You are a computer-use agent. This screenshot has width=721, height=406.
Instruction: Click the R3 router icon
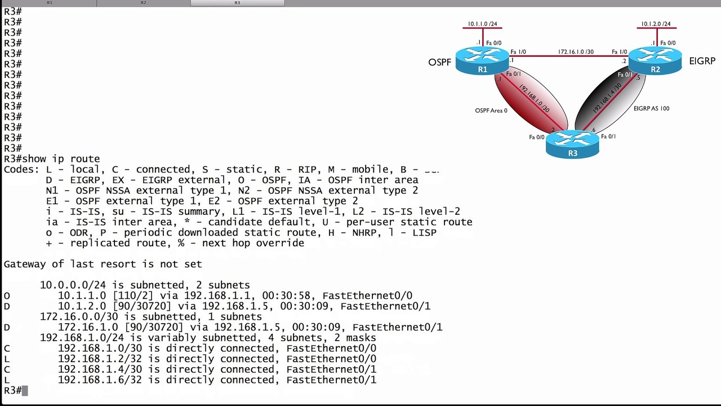[572, 144]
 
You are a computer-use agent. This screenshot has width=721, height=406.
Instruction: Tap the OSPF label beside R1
[439, 62]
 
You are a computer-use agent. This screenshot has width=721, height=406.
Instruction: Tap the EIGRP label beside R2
[702, 61]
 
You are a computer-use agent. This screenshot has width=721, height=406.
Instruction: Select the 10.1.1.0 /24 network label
[483, 24]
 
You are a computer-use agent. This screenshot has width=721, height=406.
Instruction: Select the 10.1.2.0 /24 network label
[656, 24]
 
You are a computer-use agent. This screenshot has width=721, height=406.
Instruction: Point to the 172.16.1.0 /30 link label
[576, 52]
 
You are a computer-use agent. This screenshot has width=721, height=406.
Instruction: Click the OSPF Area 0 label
[491, 111]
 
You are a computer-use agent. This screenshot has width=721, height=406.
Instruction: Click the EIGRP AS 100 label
[651, 108]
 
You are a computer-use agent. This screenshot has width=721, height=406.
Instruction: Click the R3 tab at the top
[237, 3]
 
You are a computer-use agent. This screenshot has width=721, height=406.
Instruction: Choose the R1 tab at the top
[49, 3]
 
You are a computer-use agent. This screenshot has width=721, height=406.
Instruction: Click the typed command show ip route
[61, 159]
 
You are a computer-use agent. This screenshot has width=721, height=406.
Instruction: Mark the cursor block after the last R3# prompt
[25, 390]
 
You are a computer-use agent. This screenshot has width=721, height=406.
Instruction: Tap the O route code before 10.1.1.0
[7, 295]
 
